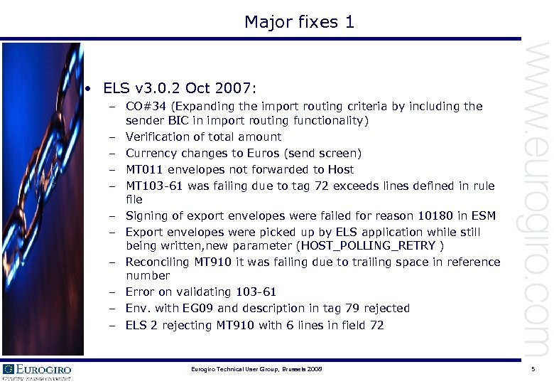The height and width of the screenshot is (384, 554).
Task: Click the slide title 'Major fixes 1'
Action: pos(299,22)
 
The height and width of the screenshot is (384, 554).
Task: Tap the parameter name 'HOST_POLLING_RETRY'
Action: pos(369,246)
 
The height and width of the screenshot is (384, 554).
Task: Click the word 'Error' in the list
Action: pos(140,292)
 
